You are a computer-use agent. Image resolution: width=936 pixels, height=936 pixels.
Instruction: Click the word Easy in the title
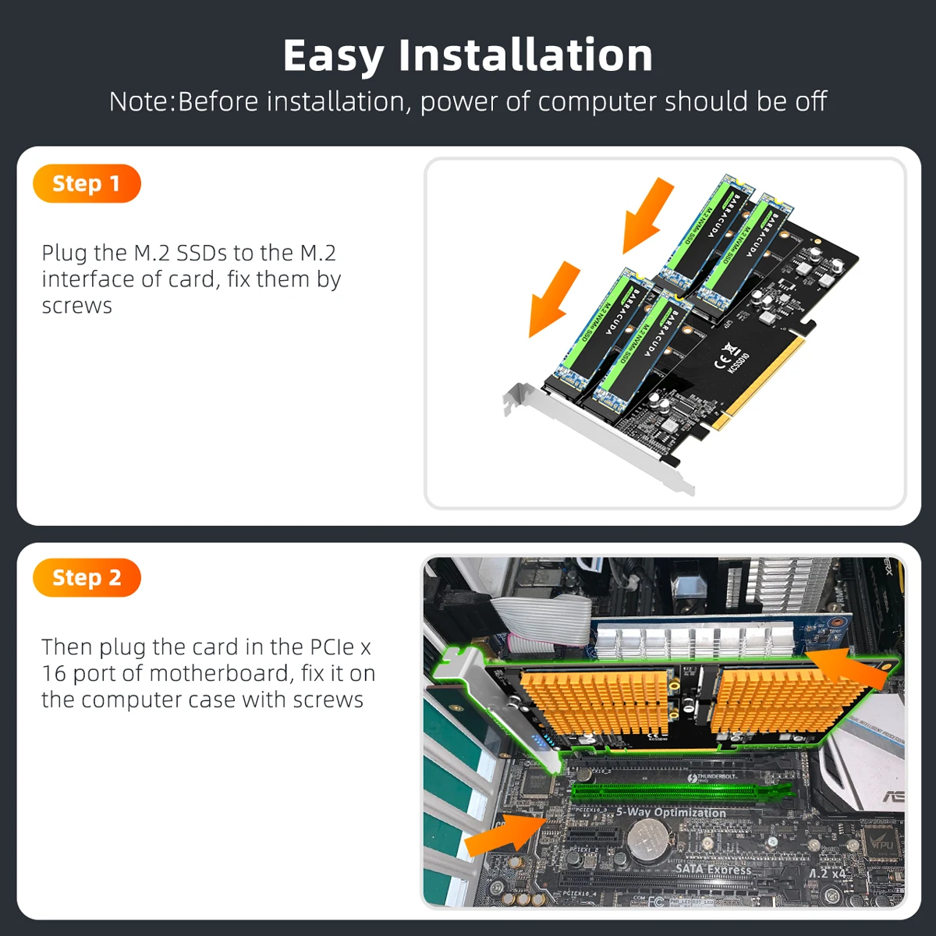click(x=333, y=56)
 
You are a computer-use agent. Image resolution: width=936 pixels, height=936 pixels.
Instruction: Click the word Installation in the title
click(x=525, y=56)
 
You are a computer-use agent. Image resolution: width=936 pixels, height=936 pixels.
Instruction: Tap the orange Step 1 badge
click(x=87, y=184)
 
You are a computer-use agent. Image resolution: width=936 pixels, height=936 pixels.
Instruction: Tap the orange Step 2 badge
click(x=87, y=578)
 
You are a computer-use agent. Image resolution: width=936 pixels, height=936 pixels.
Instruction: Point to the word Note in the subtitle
click(x=140, y=101)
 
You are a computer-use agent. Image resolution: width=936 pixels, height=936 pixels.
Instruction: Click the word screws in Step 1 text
click(x=76, y=306)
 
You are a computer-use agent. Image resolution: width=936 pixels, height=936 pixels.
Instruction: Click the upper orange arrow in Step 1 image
click(x=647, y=214)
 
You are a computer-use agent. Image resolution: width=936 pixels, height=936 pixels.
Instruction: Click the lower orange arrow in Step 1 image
click(x=554, y=300)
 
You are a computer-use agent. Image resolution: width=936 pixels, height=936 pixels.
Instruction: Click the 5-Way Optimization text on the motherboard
click(x=670, y=812)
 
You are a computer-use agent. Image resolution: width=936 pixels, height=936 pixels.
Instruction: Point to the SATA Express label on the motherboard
click(x=713, y=868)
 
